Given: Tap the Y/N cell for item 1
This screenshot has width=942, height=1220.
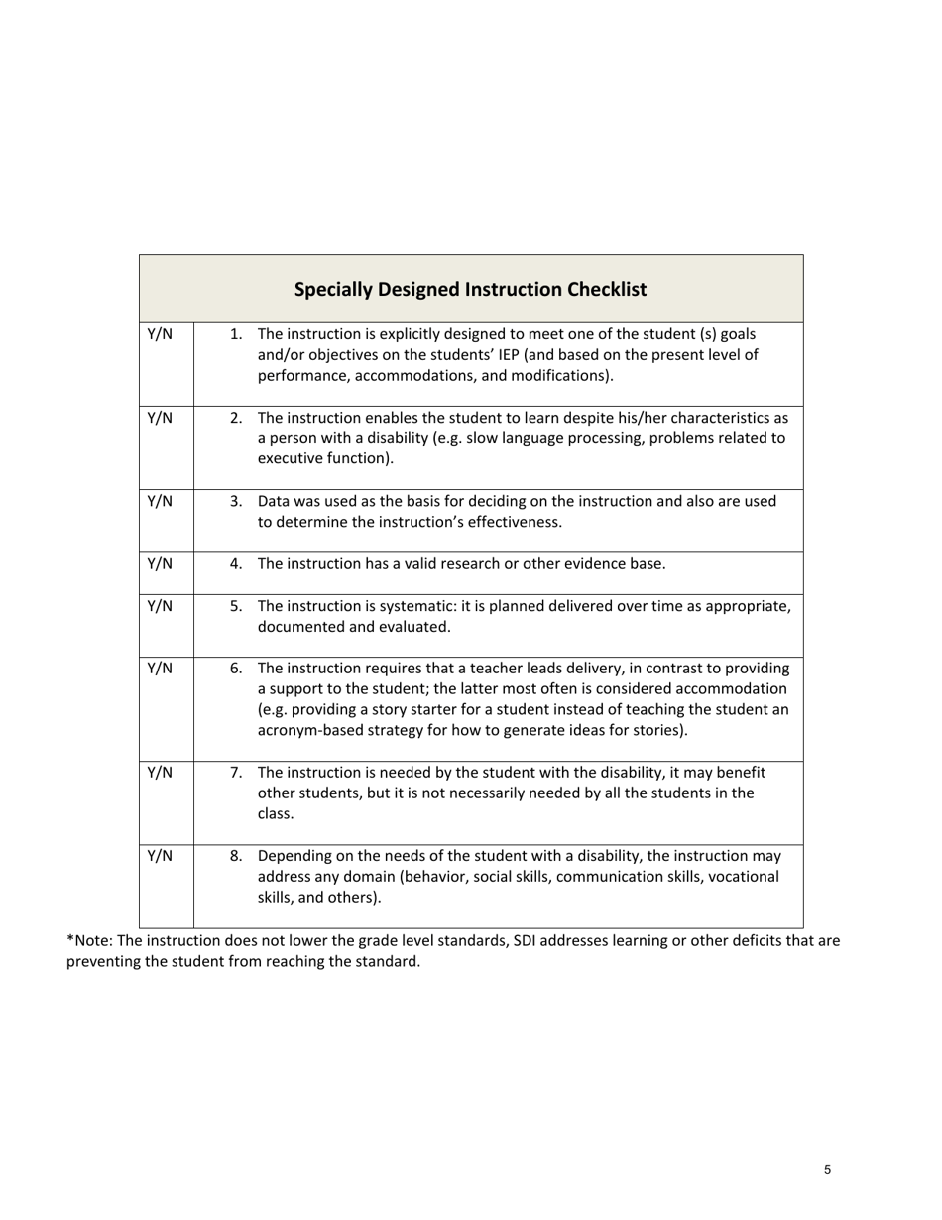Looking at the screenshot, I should coord(160,334).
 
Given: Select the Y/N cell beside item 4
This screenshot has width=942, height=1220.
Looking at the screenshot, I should coord(160,564).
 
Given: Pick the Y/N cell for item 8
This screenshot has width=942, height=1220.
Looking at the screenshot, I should coord(160,856).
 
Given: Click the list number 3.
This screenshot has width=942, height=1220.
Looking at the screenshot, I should coord(236,501).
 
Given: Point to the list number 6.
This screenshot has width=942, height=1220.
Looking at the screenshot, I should coord(236,668).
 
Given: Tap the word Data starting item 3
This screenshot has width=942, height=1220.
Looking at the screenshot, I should coord(274,501).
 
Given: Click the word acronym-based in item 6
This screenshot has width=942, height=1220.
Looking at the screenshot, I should coord(304,731).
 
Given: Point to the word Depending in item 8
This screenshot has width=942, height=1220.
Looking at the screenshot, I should coord(293,856).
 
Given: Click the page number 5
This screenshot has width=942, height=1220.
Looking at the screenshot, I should coord(827,1170).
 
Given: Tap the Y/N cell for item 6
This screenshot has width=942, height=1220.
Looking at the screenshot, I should coord(160,669).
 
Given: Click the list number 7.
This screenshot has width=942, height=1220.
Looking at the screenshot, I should coord(236,772).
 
